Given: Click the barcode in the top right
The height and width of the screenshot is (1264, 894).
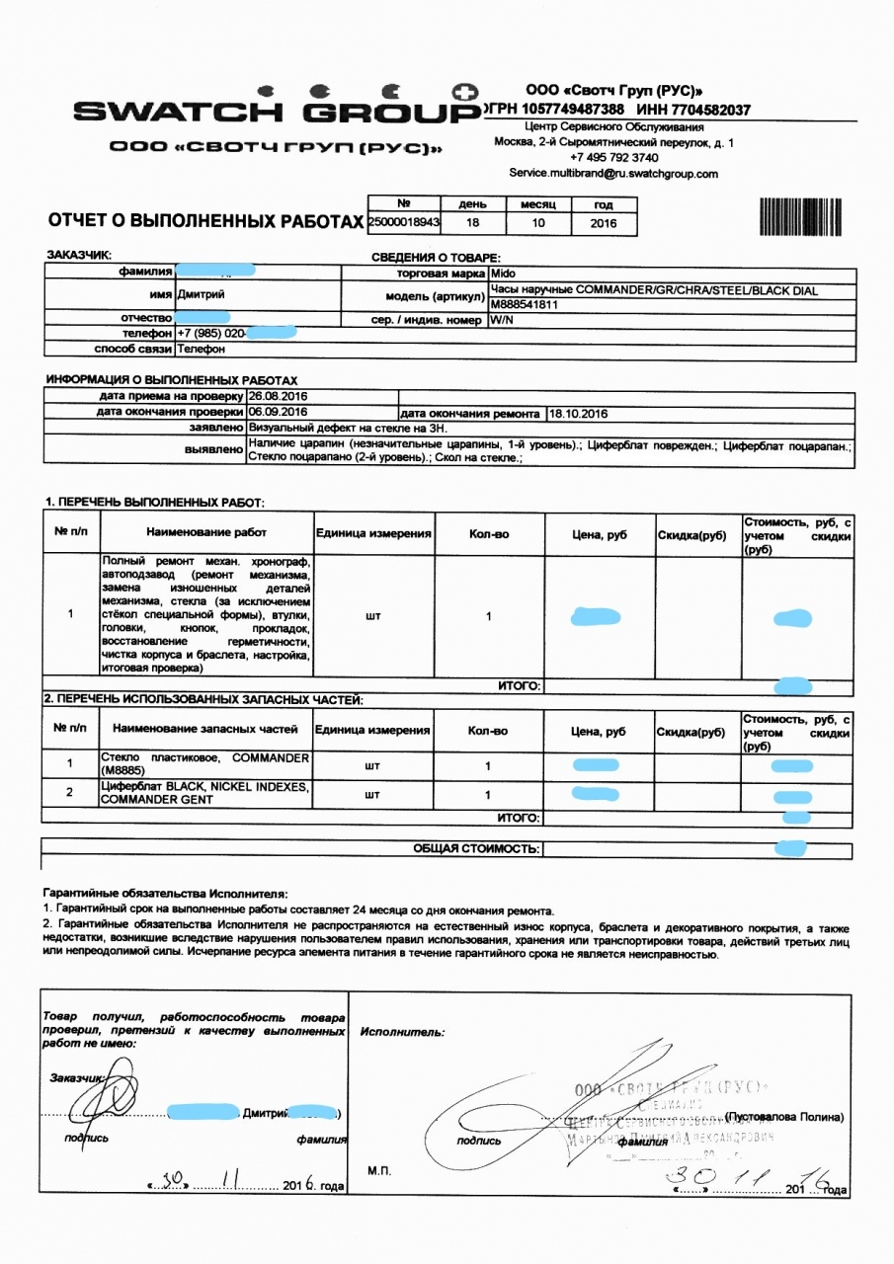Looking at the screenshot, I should pos(799,216).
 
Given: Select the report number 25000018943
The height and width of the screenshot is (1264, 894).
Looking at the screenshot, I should pos(403,223).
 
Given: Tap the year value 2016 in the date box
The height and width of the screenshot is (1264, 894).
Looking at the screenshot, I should pos(604,223).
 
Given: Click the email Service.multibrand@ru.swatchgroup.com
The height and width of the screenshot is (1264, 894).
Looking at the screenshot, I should pos(613,173).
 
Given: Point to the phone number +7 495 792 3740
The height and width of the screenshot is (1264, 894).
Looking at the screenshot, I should pos(613,157).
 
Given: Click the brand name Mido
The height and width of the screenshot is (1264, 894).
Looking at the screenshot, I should pos(503,273).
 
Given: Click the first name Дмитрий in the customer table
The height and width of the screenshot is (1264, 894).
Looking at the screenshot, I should pos(201,294).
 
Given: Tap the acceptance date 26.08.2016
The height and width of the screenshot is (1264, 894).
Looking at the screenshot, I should pos(278,396).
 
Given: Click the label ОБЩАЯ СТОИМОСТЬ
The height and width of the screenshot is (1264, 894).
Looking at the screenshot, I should pos(476,848).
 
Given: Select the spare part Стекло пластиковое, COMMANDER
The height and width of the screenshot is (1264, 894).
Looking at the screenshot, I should pos(205,763).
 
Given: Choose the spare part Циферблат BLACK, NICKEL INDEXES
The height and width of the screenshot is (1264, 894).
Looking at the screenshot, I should pos(205,793).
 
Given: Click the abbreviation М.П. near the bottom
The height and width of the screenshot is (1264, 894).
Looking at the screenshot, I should pos(379,1171).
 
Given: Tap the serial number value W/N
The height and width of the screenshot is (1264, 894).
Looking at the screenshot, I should pos(501,320).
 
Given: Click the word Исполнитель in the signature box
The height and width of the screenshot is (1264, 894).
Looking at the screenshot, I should pos(402,1032).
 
